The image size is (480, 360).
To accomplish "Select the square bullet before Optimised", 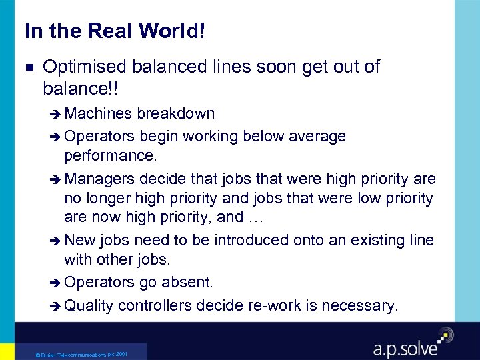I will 27,67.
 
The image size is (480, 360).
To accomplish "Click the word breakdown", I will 176,114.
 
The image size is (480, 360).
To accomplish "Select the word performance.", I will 110,157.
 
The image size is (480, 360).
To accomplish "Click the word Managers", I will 101,179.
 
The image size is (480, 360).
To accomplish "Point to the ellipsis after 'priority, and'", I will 255,217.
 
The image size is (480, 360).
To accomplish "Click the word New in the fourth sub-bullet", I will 80,240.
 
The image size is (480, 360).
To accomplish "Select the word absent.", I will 186,283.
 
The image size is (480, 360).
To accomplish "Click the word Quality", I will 90,305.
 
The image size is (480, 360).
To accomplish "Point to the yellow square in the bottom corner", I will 7,352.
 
